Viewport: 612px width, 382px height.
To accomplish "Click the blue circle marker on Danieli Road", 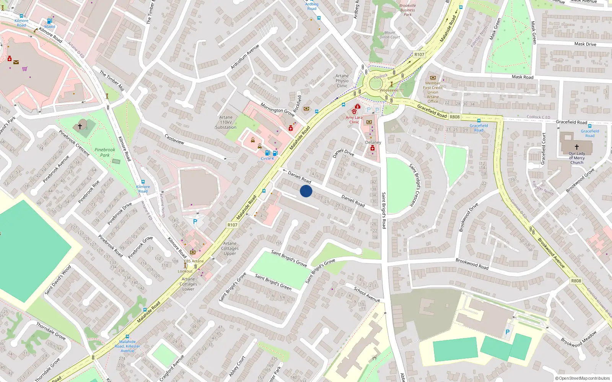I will click(x=306, y=191).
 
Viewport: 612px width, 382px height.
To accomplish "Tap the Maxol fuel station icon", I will click(x=49, y=21).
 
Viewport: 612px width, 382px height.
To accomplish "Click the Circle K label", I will click(x=267, y=159).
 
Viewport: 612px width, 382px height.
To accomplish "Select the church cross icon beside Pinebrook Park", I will click(x=80, y=126).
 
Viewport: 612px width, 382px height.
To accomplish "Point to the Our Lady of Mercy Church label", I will click(x=577, y=158).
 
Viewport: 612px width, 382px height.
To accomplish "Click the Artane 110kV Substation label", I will click(x=226, y=122).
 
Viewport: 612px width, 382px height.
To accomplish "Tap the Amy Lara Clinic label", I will click(x=354, y=120).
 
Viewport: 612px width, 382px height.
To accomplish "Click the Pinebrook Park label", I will click(x=105, y=152).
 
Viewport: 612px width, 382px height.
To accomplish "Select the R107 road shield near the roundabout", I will click(x=419, y=55).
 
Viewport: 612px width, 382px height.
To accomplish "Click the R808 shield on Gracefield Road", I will click(x=454, y=117).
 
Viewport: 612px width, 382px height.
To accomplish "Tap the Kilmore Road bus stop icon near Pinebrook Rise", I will click(x=143, y=182).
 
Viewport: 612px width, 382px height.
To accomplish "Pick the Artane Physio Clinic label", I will click(x=342, y=81).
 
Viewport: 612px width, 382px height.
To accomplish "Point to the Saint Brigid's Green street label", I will click(x=273, y=282).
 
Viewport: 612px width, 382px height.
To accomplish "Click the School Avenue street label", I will click(x=367, y=294).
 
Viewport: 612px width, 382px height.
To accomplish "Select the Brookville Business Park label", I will click(x=407, y=10).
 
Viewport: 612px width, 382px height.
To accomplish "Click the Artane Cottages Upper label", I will click(x=230, y=248).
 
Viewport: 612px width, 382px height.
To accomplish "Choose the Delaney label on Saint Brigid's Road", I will click(x=373, y=142).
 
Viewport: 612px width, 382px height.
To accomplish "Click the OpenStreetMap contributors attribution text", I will click(x=582, y=378).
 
